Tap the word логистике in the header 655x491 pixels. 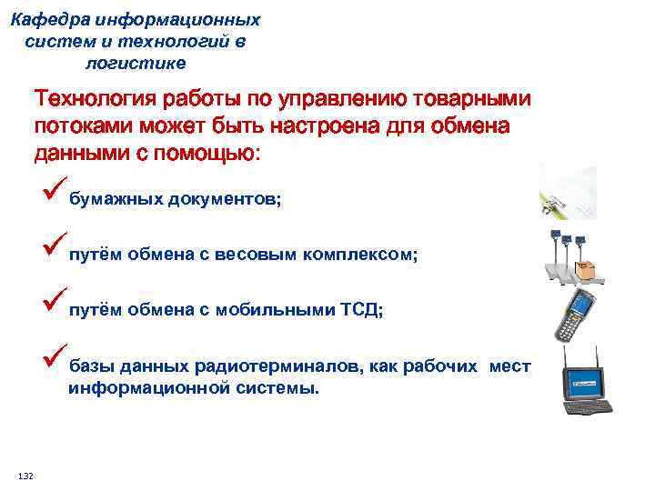click(x=136, y=63)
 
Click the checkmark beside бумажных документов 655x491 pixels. click(x=53, y=192)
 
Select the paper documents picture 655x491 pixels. click(x=568, y=192)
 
